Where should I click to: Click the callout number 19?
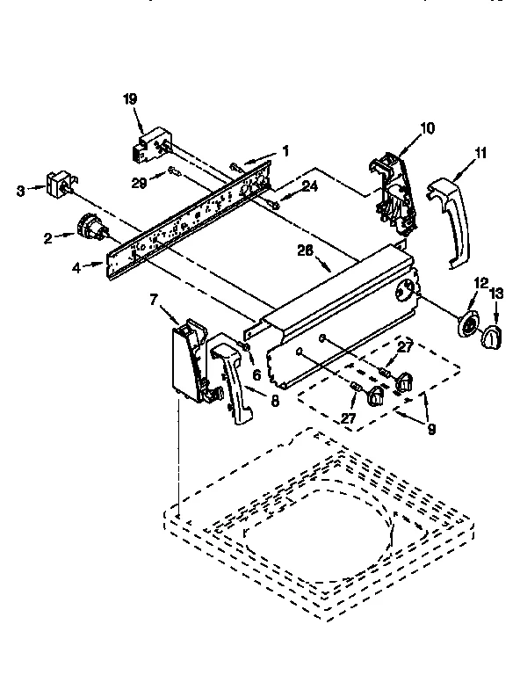130,101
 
